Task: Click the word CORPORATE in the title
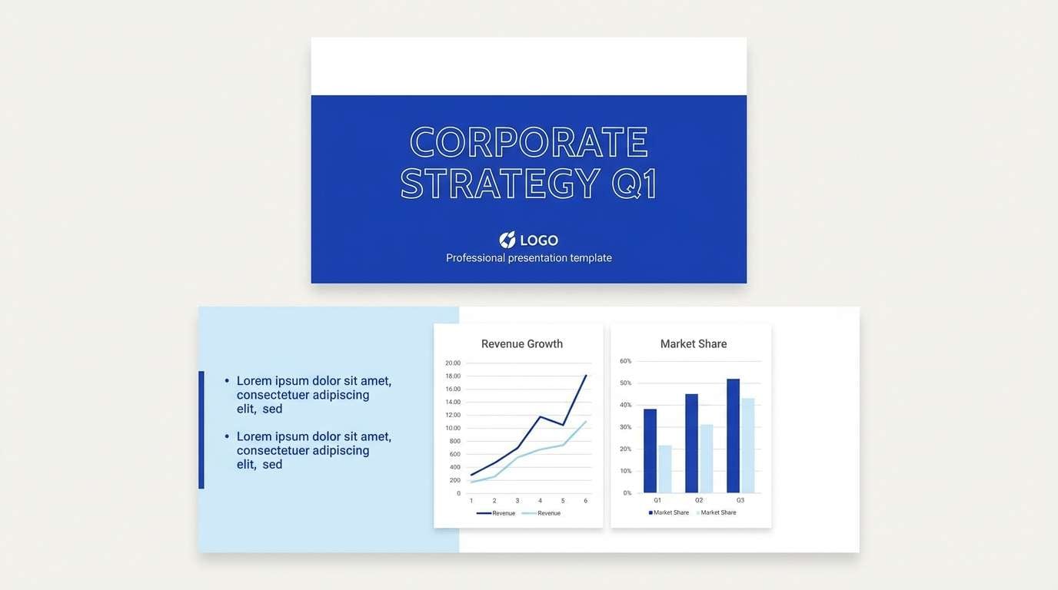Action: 528,142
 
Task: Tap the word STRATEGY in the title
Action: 500,184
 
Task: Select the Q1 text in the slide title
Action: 634,184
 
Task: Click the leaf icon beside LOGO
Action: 507,240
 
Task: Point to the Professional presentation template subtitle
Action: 529,258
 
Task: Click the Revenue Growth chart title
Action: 522,344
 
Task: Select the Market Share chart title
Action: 693,344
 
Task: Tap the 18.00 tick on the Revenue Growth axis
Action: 453,376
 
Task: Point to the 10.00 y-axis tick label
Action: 453,428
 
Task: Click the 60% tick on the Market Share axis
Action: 625,361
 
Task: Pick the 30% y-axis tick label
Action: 625,427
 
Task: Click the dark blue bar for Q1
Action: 650,451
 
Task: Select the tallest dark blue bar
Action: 733,436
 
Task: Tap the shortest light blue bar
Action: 665,469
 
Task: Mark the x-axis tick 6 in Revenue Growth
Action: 585,501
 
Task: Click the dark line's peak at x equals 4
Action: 540,416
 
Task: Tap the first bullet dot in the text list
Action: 227,381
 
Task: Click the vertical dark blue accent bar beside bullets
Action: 201,430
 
